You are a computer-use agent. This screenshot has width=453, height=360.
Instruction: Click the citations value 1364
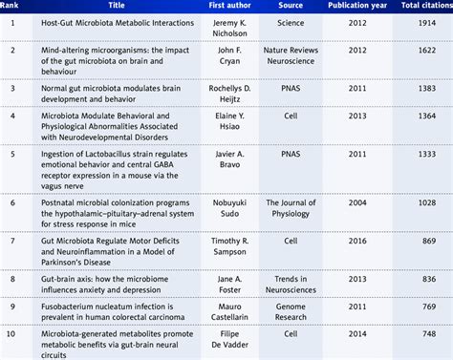point(426,120)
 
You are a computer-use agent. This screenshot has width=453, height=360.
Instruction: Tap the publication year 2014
point(360,339)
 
